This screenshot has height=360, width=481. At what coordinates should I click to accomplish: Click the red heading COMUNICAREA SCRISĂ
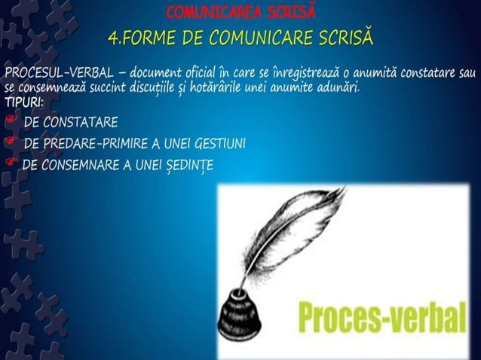coord(240,13)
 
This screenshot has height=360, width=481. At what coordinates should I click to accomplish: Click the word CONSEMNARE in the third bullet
coord(76,164)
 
